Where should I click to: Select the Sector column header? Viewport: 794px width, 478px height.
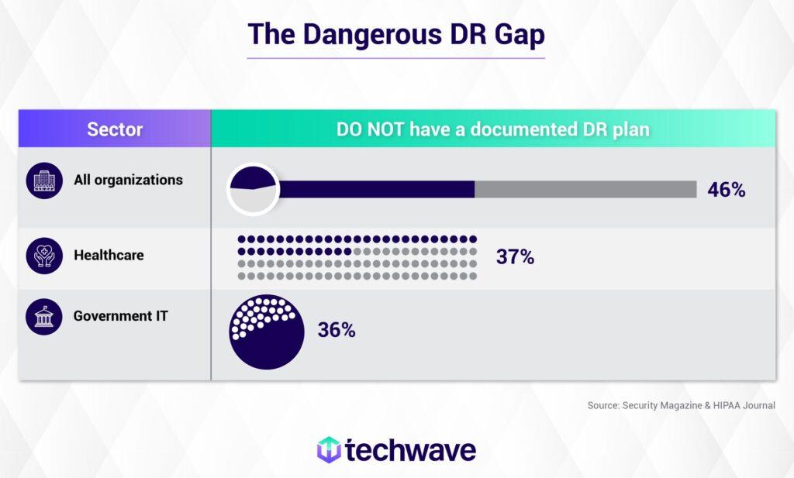[115, 129]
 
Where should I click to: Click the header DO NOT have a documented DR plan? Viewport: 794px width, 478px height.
[492, 129]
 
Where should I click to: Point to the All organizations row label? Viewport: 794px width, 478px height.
[128, 180]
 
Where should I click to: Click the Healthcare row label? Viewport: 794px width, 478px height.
[109, 254]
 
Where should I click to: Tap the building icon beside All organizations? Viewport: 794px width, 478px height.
[44, 181]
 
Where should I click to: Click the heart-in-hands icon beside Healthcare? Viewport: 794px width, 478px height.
[44, 256]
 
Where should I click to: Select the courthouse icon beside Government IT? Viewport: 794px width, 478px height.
[44, 317]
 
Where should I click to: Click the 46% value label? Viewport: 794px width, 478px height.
[726, 190]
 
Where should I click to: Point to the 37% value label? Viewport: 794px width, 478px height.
[515, 257]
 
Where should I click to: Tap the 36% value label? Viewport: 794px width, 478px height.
[337, 330]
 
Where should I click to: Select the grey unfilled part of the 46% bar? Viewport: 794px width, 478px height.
[585, 190]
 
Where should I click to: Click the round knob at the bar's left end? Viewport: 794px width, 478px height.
[254, 190]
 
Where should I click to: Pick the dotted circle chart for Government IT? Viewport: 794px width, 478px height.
[268, 331]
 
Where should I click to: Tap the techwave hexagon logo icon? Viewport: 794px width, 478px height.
[330, 449]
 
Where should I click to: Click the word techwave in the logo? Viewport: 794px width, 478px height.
[411, 450]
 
